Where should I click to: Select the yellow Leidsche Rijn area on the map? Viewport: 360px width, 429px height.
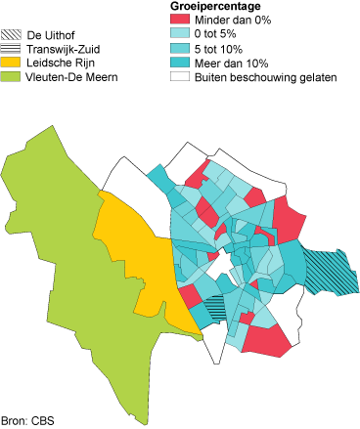[x=137, y=254]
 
